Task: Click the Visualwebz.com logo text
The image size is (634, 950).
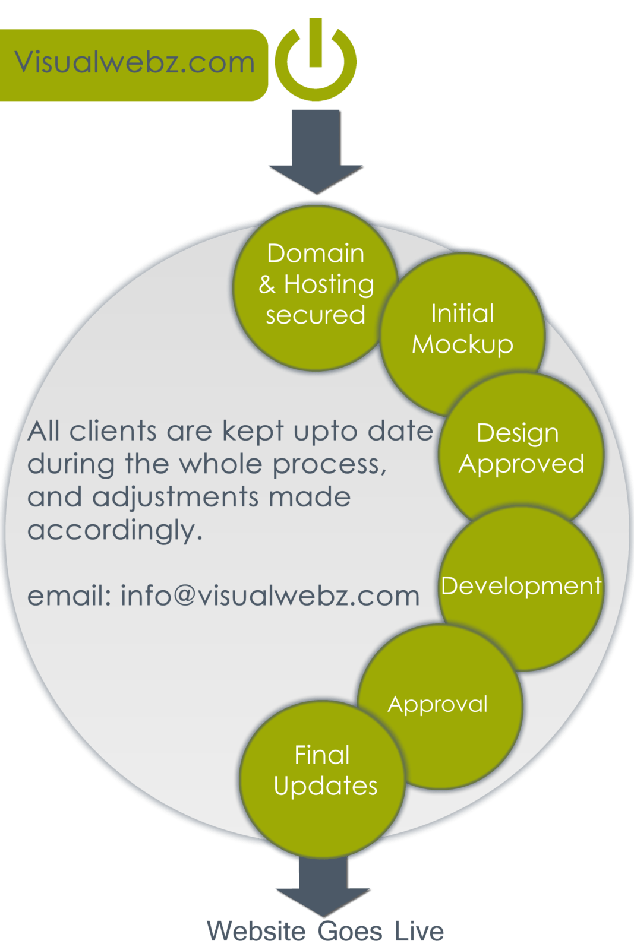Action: [134, 62]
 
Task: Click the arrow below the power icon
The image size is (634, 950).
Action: [316, 154]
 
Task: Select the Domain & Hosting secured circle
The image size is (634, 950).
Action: [315, 285]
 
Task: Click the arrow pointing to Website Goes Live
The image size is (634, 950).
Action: [323, 891]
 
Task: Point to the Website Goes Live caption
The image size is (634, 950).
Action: [325, 932]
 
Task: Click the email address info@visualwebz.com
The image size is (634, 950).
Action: [270, 596]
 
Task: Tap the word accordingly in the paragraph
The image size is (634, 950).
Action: [115, 530]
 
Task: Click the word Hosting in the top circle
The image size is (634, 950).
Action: [329, 285]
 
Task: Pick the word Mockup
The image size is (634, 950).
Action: [462, 345]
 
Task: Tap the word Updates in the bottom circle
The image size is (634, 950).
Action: [325, 787]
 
